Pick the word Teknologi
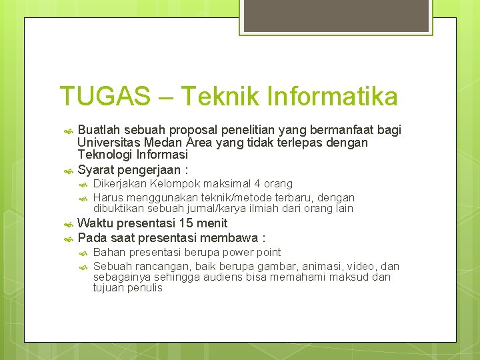(107, 155)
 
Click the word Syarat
(97, 169)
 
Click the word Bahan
(109, 252)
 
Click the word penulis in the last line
(143, 288)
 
